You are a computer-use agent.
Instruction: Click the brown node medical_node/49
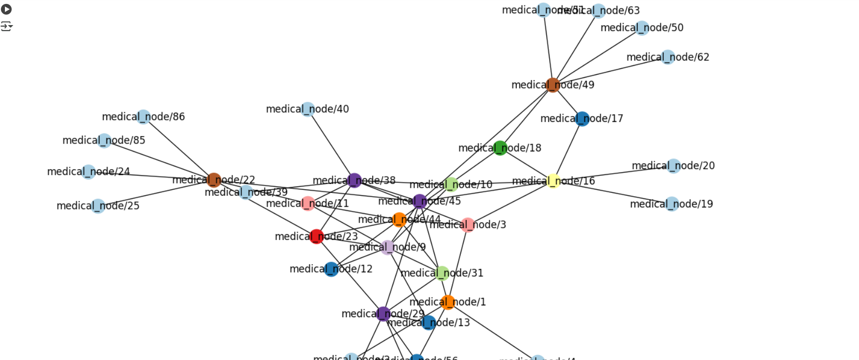click(x=553, y=85)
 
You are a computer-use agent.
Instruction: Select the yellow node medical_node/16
click(x=554, y=181)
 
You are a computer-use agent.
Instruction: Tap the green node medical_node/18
click(x=500, y=148)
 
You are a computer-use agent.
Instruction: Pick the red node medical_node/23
click(x=317, y=237)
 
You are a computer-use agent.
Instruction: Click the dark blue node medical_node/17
click(x=582, y=119)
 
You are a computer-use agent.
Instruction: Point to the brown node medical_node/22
click(x=214, y=180)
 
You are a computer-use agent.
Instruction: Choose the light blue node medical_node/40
click(x=308, y=109)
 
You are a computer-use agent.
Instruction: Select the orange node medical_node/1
click(x=448, y=302)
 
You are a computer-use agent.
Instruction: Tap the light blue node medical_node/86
click(x=144, y=117)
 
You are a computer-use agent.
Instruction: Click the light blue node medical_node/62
click(x=668, y=57)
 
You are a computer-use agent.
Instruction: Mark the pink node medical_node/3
click(x=468, y=225)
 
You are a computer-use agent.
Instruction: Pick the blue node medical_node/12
click(x=331, y=269)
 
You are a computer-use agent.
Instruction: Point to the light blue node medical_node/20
click(x=674, y=166)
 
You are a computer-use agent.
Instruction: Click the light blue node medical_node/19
click(x=672, y=204)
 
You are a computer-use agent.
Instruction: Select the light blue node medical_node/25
click(x=98, y=206)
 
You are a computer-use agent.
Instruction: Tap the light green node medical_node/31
click(x=442, y=273)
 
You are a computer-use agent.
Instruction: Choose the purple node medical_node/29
click(x=384, y=314)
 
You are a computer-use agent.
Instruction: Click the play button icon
click(x=6, y=9)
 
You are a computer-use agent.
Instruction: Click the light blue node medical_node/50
click(x=642, y=28)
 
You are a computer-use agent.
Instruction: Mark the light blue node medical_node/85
click(x=104, y=141)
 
